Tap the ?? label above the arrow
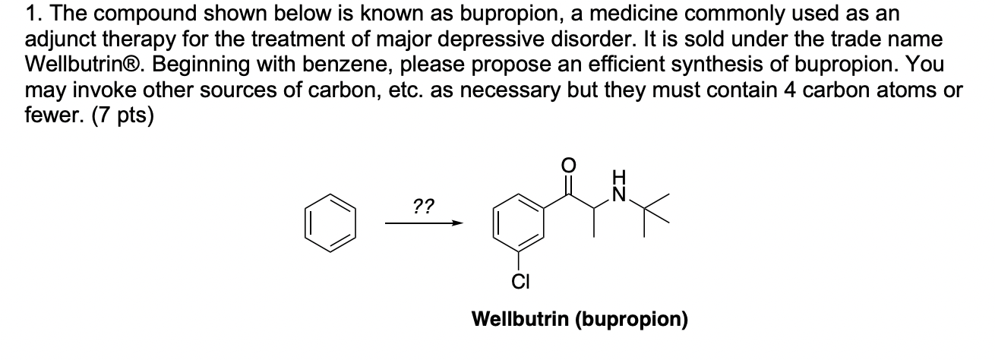423,206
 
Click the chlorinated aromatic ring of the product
520,225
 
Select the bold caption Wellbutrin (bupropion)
580,319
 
